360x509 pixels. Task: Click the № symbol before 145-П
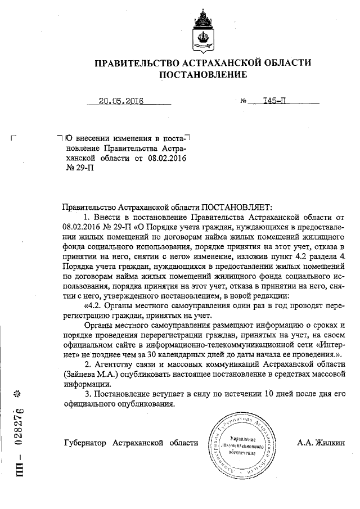(244, 102)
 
